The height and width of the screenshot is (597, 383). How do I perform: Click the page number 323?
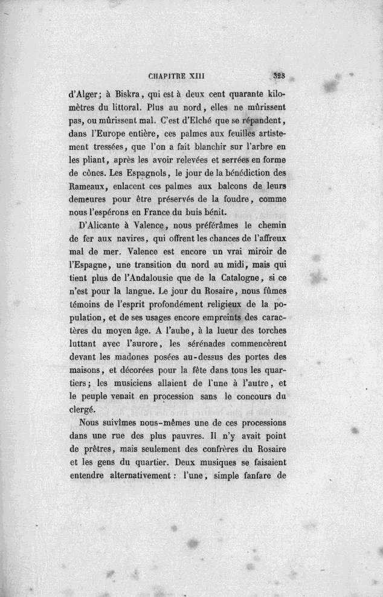coord(278,76)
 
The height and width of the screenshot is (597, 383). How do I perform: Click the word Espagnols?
coord(156,172)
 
